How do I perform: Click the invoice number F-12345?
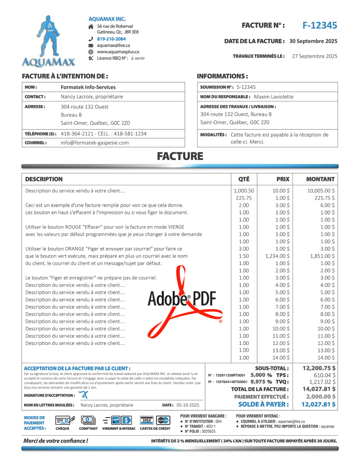tap(320, 25)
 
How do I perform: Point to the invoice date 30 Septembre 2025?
tap(313, 41)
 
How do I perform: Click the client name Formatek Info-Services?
tap(88, 87)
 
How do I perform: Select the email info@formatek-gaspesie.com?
tap(95, 142)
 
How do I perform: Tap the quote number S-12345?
tap(246, 87)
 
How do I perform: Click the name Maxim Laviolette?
tap(273, 97)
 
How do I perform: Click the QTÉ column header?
tap(244, 179)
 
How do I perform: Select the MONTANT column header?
tap(320, 179)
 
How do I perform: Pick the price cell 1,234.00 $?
tap(277, 256)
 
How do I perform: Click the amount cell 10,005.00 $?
tap(321, 191)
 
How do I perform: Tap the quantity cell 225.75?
tap(244, 198)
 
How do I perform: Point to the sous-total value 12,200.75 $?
tap(319, 368)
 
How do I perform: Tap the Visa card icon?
tap(146, 420)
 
